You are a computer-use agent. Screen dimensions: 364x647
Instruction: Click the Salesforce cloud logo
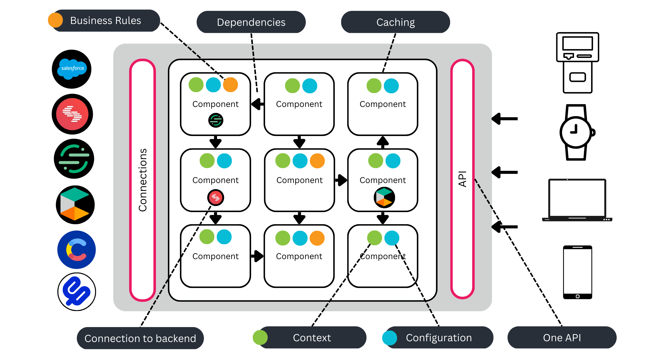pos(72,69)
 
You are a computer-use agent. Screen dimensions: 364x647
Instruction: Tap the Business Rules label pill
pos(106,21)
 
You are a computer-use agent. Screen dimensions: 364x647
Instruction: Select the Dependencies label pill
pos(251,22)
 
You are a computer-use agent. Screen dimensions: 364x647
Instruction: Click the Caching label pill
pos(395,22)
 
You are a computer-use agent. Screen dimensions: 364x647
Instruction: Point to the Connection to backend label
pos(140,338)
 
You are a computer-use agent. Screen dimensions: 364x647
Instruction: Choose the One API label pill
pos(562,338)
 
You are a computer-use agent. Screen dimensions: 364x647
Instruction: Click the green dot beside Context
pos(260,338)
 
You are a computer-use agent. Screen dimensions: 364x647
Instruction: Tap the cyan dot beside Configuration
pos(389,338)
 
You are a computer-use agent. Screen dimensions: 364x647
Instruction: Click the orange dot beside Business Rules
pos(55,20)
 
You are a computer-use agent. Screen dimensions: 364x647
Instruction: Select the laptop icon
pos(577,200)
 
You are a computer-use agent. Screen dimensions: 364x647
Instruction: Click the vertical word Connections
pos(143,180)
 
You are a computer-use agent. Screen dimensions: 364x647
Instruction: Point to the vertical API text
pos(462,179)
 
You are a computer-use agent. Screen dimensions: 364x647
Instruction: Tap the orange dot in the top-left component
pos(230,85)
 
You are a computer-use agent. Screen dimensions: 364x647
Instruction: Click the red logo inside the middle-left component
pos(216,197)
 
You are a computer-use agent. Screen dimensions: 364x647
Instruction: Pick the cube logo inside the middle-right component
pos(384,197)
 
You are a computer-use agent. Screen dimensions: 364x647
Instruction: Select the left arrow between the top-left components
pos(257,104)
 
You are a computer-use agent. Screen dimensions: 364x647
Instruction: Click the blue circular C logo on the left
pos(77,250)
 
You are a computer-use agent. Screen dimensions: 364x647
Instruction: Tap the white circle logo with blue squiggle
pos(77,292)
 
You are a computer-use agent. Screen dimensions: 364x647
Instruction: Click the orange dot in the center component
pos(317,161)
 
